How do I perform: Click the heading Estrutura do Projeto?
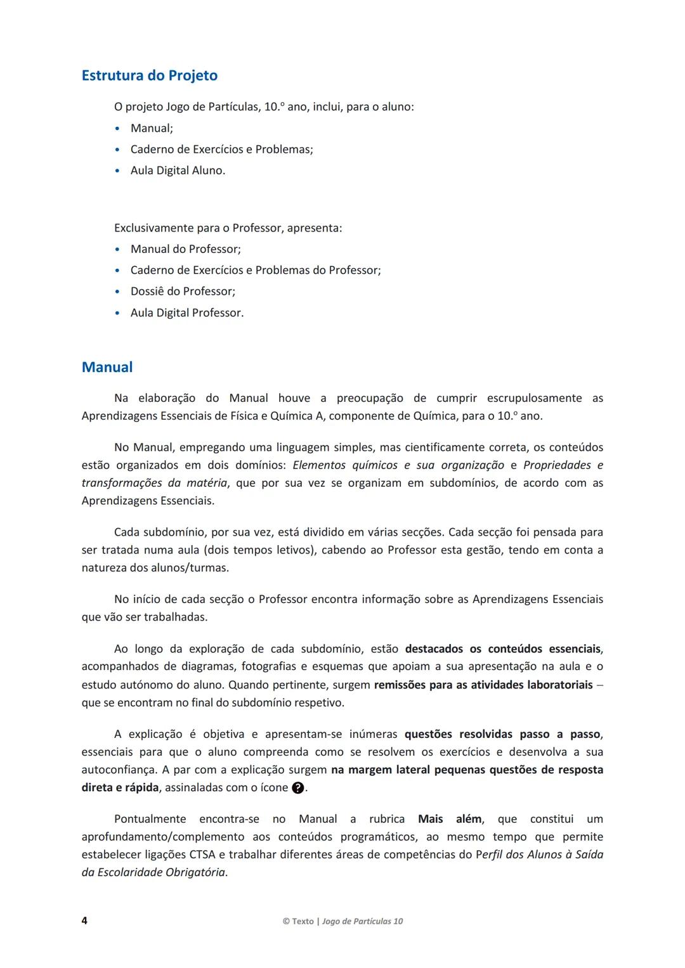[x=150, y=75]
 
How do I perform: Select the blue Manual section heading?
[x=107, y=367]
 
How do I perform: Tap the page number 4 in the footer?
[x=84, y=920]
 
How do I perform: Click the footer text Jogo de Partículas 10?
[x=362, y=921]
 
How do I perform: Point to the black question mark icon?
[x=297, y=788]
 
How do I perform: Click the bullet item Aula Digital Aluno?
[x=178, y=171]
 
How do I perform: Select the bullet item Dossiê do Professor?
[x=183, y=292]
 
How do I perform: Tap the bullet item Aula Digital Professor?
[x=187, y=313]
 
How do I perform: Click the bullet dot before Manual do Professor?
[x=117, y=250]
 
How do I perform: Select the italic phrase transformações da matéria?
[x=154, y=482]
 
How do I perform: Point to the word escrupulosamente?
[x=534, y=398]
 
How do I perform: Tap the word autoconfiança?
[x=119, y=770]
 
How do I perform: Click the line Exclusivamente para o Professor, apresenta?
[x=228, y=228]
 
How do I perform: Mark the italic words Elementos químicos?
[x=345, y=465]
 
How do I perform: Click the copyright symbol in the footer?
[x=286, y=921]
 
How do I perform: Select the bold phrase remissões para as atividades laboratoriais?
[x=483, y=685]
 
